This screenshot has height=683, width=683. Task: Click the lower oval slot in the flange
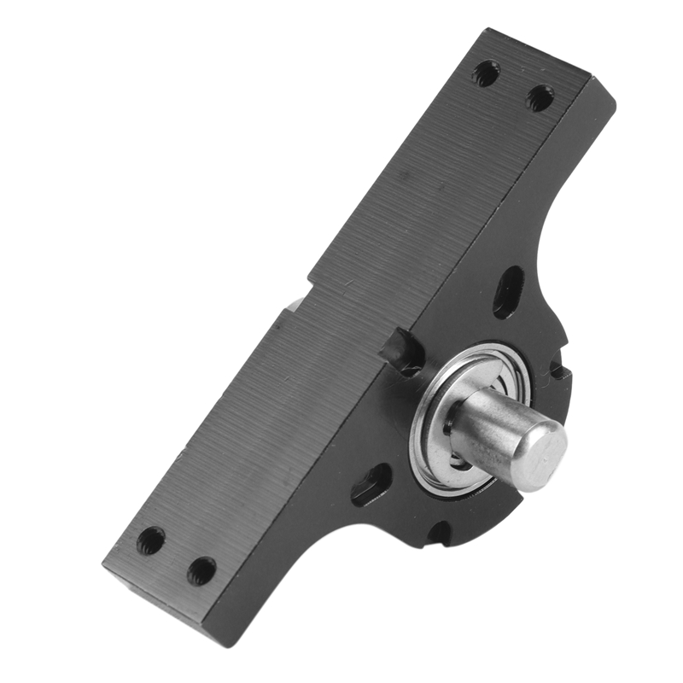[371, 485]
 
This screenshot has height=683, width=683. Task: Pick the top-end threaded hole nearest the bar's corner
[486, 74]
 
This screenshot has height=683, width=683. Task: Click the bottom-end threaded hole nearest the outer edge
[151, 540]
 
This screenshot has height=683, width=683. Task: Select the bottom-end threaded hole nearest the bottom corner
[201, 570]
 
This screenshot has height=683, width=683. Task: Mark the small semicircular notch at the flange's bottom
[439, 533]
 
